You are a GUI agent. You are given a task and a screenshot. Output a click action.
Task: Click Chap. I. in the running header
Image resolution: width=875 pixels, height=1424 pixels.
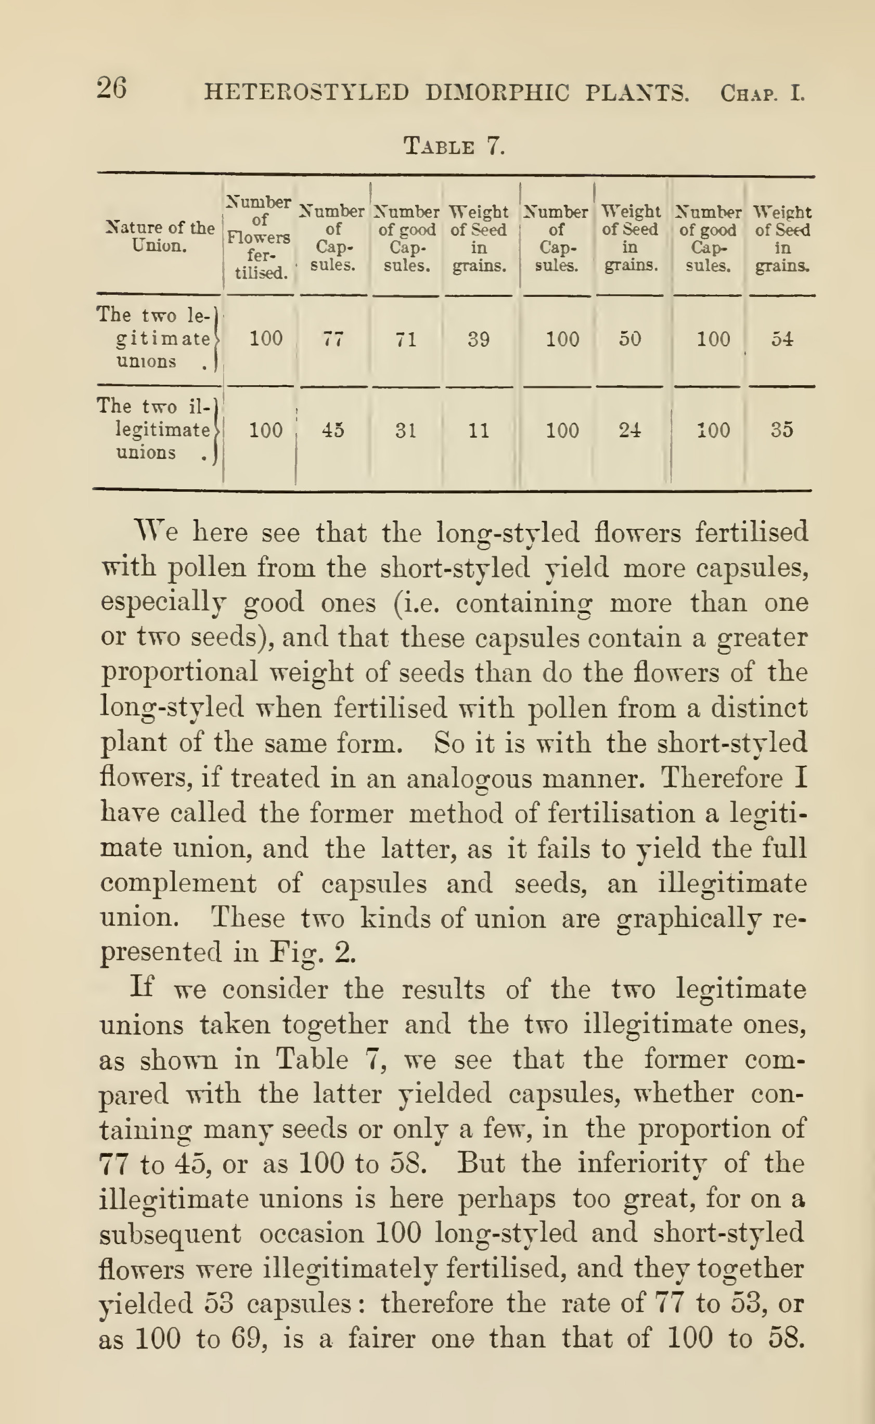762,93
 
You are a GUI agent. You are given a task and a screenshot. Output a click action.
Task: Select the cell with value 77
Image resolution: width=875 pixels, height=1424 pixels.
333,339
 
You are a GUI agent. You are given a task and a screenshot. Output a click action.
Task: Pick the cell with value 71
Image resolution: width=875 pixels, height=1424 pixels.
406,339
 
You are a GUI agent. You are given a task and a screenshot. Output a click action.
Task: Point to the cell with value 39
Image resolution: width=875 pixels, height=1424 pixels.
479,339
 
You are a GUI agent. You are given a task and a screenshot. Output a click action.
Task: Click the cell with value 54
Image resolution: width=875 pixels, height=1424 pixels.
782,339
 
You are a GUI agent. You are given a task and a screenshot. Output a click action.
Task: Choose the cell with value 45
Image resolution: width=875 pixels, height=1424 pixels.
333,430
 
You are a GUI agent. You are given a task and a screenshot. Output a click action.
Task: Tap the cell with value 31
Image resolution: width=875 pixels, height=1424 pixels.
406,430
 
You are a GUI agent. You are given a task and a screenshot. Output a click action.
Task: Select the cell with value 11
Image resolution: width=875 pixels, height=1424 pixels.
479,430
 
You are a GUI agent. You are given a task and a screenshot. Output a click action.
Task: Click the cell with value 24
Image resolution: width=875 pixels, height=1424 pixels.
629,430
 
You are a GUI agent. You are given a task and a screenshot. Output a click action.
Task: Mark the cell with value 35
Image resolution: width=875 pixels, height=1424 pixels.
782,430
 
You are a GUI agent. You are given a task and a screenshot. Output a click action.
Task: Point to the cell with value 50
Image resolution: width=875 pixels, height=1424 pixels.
629,339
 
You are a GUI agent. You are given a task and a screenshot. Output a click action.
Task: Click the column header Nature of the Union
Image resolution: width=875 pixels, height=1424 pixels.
160,237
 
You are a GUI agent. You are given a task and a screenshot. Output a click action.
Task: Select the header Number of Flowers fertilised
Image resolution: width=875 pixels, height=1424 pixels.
259,237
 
